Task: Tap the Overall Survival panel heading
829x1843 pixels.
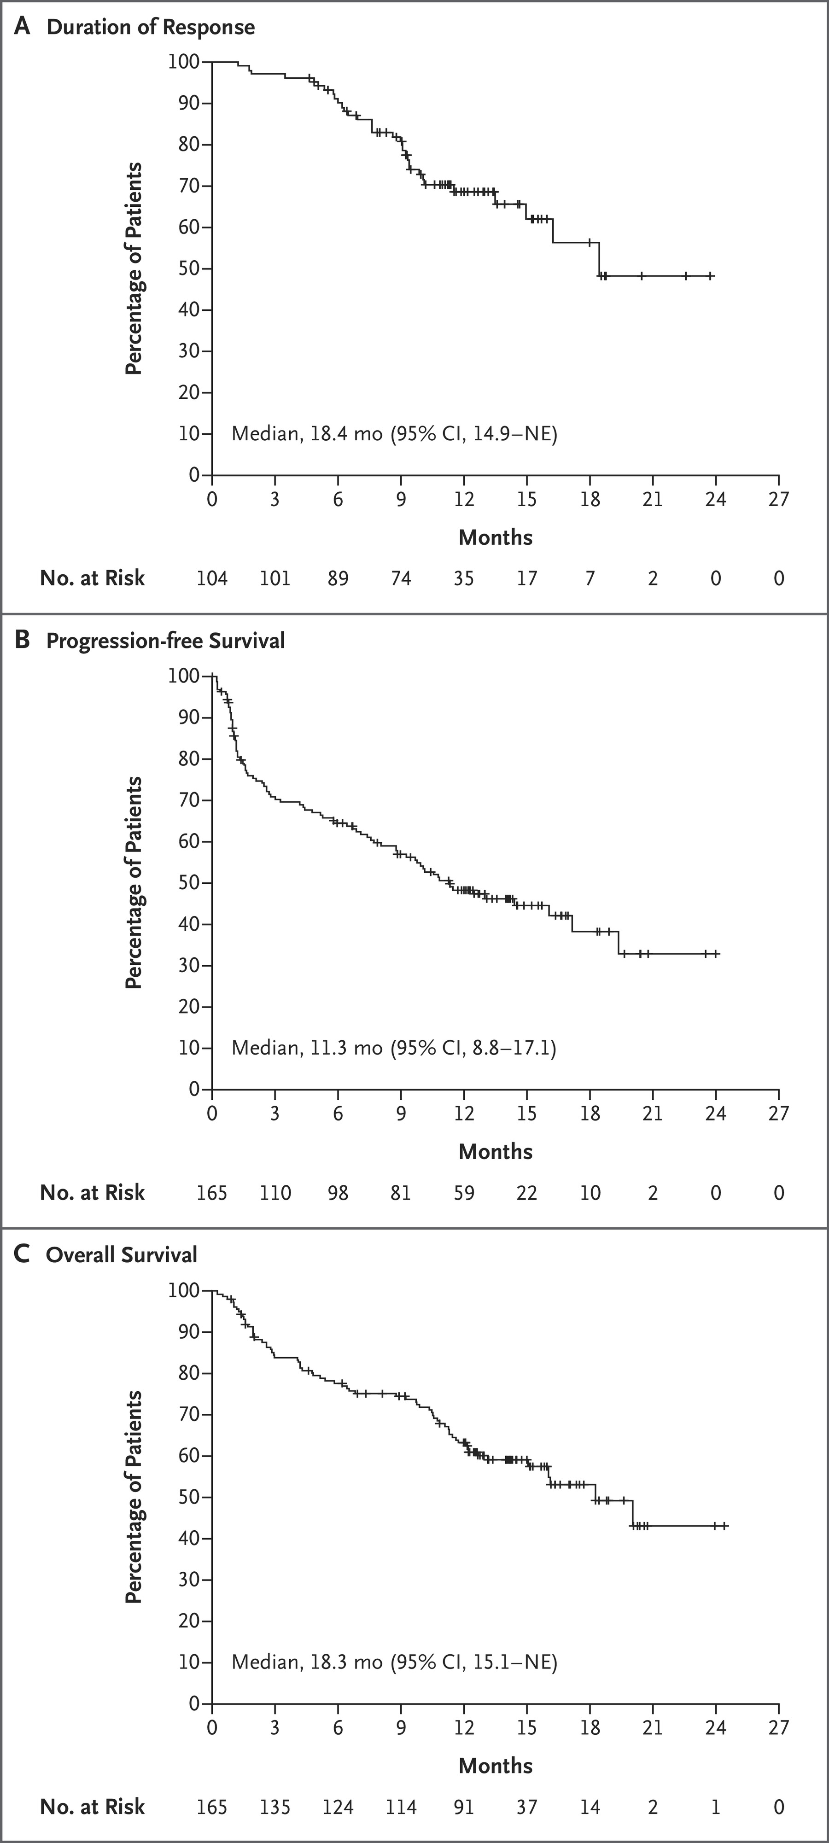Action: [122, 1255]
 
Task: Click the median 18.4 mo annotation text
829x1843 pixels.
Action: [394, 433]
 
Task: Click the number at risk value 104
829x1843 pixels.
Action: [212, 578]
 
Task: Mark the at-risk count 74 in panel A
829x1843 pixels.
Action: [401, 578]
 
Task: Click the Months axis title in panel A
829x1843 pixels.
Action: [495, 537]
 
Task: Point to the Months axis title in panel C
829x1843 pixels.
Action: [495, 1766]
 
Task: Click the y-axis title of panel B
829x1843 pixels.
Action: [134, 882]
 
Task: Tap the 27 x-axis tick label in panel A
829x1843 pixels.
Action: [778, 499]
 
